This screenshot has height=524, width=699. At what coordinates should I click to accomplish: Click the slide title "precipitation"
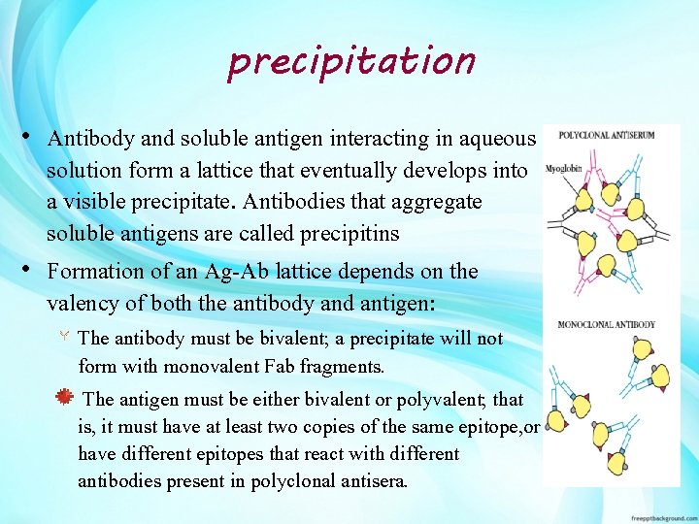click(351, 61)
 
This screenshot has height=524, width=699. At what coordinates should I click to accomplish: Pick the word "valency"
click(85, 303)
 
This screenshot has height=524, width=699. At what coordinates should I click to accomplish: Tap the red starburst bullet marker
click(64, 398)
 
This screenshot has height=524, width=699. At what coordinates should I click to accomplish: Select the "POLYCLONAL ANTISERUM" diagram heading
click(605, 135)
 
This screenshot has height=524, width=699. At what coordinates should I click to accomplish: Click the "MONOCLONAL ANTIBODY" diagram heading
click(606, 324)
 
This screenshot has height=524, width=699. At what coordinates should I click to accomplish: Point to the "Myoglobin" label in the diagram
click(563, 167)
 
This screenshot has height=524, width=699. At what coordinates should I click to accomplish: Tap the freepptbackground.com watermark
click(661, 517)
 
